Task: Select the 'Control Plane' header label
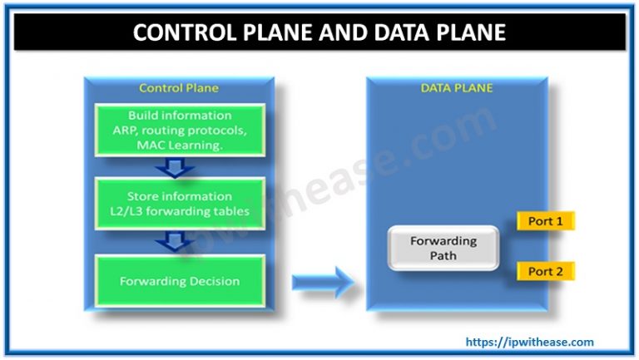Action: pos(179,87)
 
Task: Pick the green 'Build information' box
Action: pos(180,129)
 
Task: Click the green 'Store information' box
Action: pos(180,203)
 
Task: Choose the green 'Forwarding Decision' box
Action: pos(180,280)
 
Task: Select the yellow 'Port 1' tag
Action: pos(546,222)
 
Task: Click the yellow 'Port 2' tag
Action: pos(546,271)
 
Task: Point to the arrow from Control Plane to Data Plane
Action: pos(321,280)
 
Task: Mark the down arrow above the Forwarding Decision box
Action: pos(180,241)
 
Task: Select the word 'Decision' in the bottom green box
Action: pos(211,280)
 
